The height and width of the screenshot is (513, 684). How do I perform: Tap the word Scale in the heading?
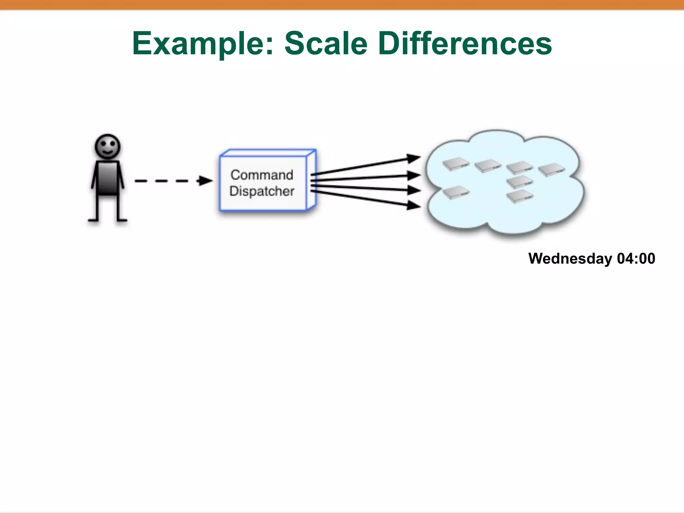tap(326, 43)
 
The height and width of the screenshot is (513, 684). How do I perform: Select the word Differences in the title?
tap(465, 43)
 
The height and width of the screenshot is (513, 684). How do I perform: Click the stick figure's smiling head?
tap(108, 146)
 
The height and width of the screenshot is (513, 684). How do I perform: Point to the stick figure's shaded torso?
tap(108, 178)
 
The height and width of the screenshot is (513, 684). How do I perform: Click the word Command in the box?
tap(262, 175)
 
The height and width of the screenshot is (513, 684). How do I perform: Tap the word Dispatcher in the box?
tap(262, 191)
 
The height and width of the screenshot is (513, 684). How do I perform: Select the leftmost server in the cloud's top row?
tap(456, 164)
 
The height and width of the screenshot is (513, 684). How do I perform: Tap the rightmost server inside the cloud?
tap(551, 169)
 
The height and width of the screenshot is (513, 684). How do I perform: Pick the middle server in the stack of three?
tap(519, 182)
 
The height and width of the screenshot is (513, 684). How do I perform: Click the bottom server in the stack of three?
tap(520, 196)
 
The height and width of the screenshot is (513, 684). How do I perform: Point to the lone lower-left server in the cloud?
tap(456, 192)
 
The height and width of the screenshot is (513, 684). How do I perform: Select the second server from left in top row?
tap(488, 166)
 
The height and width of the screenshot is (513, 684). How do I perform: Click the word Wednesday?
tap(570, 259)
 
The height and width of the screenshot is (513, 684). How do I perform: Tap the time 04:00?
tap(636, 259)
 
